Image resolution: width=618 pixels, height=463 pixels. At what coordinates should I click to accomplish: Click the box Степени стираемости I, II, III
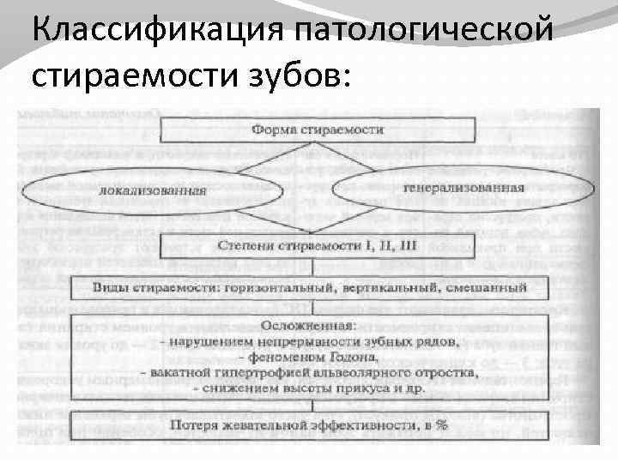pyautogui.click(x=318, y=246)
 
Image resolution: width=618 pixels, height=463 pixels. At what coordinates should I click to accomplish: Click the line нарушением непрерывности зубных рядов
pyautogui.click(x=314, y=340)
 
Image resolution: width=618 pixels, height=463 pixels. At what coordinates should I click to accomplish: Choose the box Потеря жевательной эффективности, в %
pyautogui.click(x=314, y=425)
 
